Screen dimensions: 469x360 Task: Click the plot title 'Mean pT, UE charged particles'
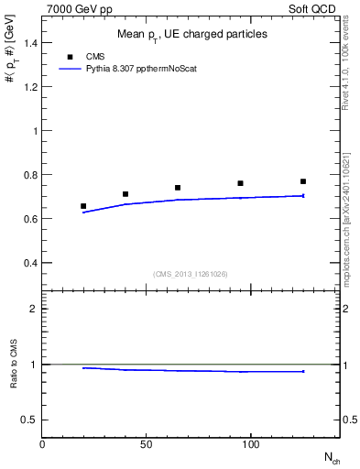pyautogui.click(x=191, y=35)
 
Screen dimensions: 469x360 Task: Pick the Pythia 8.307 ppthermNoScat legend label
pyautogui.click(x=141, y=69)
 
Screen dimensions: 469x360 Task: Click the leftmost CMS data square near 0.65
pyautogui.click(x=83, y=206)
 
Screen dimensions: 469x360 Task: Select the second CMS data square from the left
pyautogui.click(x=125, y=194)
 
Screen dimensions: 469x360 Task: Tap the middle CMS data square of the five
pyautogui.click(x=178, y=188)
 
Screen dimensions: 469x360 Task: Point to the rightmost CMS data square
pyautogui.click(x=303, y=181)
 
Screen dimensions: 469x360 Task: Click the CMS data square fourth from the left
pyautogui.click(x=240, y=183)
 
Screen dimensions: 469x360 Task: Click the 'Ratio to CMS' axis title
pyautogui.click(x=14, y=365)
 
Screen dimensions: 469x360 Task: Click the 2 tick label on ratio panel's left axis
pyautogui.click(x=32, y=309)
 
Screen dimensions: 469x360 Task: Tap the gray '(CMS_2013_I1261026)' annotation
pyautogui.click(x=190, y=274)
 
